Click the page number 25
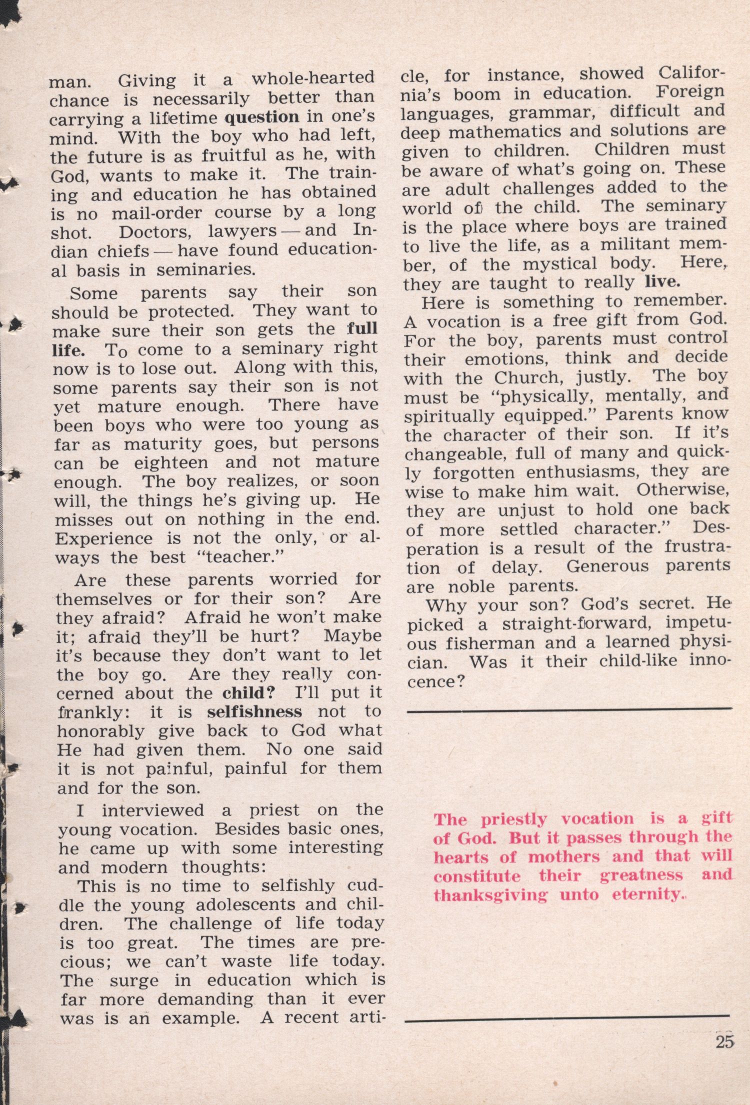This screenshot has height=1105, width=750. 724,1042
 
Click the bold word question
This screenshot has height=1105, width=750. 262,117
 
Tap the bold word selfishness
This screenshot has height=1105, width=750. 254,711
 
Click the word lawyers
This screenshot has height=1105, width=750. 242,231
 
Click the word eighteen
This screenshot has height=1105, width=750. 170,462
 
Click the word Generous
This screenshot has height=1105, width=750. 607,566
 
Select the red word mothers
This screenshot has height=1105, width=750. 563,857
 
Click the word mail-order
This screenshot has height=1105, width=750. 156,213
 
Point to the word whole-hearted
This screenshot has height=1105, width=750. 312,78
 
